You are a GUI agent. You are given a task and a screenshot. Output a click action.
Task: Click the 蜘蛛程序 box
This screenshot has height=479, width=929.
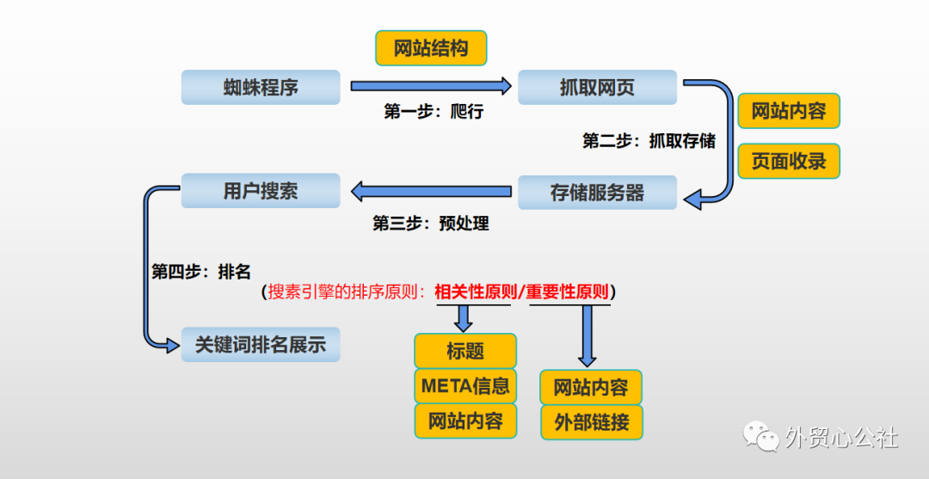[x=261, y=88]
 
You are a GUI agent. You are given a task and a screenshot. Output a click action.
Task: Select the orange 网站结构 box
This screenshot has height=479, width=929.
[x=431, y=48]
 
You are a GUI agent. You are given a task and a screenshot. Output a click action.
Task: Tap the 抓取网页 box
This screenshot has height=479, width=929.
[x=597, y=88]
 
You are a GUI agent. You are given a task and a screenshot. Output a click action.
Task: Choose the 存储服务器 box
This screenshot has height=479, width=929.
[x=597, y=192]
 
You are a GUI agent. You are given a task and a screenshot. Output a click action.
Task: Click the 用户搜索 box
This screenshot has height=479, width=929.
[x=261, y=191]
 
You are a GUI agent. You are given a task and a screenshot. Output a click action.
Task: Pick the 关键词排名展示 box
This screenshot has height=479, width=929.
[x=261, y=345]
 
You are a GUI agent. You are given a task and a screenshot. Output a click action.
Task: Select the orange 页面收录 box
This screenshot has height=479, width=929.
[x=788, y=161]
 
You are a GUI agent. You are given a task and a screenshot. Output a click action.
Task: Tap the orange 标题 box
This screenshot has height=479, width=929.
[x=465, y=351]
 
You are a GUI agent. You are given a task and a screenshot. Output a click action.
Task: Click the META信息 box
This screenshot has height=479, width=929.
[x=465, y=386]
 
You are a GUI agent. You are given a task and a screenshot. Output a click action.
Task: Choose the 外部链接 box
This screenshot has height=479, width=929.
[x=591, y=422]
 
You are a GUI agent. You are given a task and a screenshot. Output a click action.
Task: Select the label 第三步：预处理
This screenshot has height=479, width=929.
[x=430, y=224]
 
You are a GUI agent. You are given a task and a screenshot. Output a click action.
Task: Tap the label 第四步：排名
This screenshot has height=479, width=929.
[x=201, y=272]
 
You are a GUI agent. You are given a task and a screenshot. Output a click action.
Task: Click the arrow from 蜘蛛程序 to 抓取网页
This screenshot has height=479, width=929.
[x=430, y=86]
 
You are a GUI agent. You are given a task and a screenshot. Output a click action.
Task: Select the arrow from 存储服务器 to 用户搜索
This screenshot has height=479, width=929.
[x=430, y=190]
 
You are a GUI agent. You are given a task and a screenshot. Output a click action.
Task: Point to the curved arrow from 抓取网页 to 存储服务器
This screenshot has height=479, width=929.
[x=728, y=142]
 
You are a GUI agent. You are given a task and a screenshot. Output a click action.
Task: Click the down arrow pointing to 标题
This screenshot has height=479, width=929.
[x=464, y=317]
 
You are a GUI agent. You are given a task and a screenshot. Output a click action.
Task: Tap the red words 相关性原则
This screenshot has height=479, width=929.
[x=472, y=292]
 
